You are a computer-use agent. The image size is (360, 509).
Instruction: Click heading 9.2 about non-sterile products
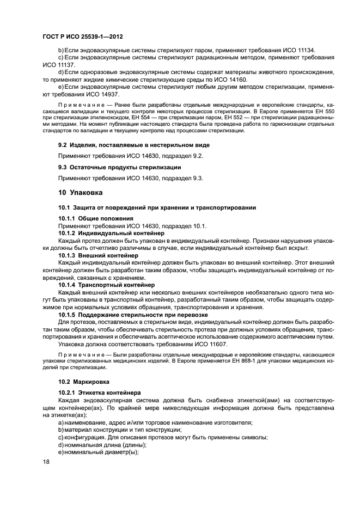coord(133,145)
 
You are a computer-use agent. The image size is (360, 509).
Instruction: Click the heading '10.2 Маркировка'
coord(84,381)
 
